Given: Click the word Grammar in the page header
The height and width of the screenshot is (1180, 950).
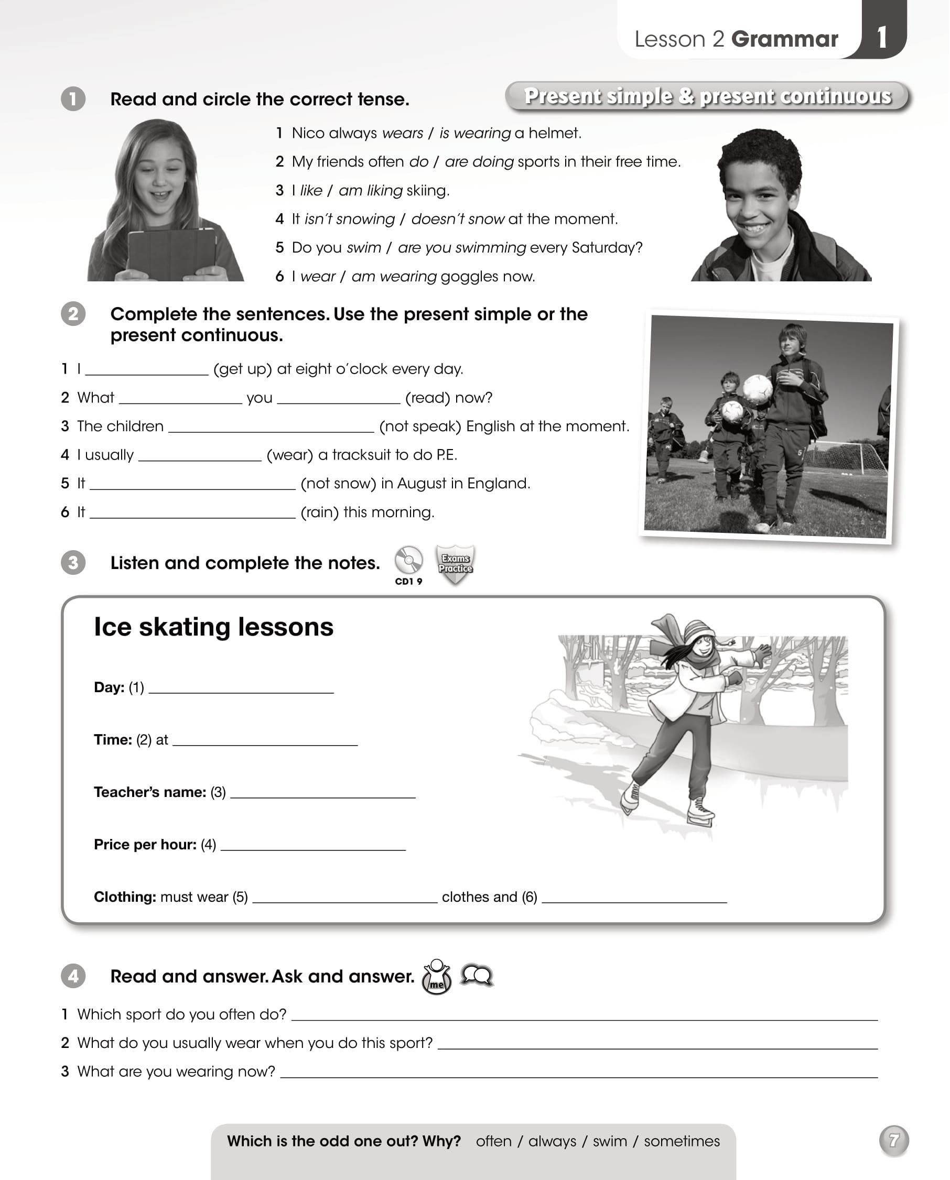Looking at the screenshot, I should [x=784, y=39].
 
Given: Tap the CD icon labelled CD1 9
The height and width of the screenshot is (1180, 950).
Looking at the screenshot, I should [x=408, y=561].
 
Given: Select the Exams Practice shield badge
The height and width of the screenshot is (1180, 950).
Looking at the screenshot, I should [x=455, y=564].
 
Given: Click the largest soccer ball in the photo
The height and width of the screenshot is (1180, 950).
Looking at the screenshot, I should [x=757, y=390].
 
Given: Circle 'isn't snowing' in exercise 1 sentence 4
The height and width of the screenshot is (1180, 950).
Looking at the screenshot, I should [x=349, y=219].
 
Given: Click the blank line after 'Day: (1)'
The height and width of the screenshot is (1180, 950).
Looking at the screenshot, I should [x=241, y=690].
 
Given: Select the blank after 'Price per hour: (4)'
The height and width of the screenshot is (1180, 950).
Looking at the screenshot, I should [x=312, y=847].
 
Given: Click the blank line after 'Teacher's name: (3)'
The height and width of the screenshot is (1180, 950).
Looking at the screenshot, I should [x=322, y=794].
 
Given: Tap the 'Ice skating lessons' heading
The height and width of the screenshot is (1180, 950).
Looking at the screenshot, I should [x=213, y=627].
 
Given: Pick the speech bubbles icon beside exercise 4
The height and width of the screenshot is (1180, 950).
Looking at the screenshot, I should [x=477, y=975].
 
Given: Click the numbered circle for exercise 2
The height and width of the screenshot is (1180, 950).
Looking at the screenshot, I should [x=73, y=314].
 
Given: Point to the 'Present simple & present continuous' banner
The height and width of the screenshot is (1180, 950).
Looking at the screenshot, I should [x=707, y=96].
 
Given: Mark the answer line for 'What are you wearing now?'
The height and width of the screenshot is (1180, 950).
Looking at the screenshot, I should [x=578, y=1074].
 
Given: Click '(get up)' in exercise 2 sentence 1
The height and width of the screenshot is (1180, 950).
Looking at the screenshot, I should [x=243, y=369].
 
